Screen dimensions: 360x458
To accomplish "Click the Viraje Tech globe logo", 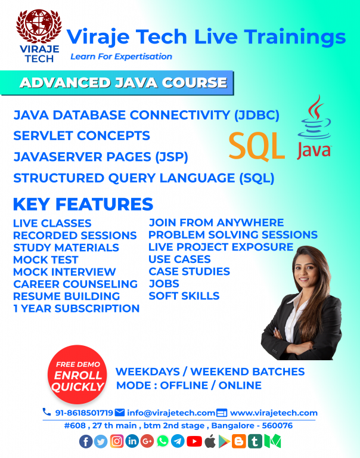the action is pos(39,36).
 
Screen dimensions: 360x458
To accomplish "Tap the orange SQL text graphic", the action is pos(257,146).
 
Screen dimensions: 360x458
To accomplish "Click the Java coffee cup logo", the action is pos(314,127).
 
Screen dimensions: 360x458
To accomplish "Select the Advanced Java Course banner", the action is pos(117,83).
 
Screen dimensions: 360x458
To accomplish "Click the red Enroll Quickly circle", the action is pos(77,375).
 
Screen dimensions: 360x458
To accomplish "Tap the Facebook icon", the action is pos(86,442).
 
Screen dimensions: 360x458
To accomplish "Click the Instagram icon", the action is pos(117,441).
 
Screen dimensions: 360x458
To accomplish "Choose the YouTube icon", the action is pos(194,441).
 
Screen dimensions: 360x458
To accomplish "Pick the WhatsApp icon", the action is pos(163,441).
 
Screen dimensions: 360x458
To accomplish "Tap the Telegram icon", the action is pos(178,441).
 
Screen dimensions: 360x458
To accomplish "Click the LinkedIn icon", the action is pos(132,441).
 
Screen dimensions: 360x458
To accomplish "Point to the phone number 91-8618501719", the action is pos(84,413).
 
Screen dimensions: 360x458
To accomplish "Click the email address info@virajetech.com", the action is pos(171,413).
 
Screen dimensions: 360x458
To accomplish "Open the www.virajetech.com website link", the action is pos(274,413).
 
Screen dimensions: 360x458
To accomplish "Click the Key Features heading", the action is pos(83,204).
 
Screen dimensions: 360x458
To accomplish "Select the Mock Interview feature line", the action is pos(64,272).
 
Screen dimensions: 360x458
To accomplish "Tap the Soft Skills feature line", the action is pos(184,296).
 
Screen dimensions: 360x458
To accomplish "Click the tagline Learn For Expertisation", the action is pos(121,57).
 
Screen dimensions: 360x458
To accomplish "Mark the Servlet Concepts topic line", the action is pos(82,136).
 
